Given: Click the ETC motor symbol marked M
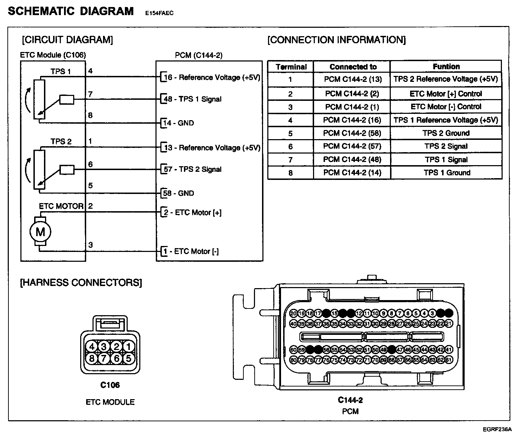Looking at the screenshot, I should [40, 232].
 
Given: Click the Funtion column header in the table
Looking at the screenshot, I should [446, 66].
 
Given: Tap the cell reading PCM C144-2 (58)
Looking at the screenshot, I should [352, 133].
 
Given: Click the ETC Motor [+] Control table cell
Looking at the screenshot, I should [446, 94].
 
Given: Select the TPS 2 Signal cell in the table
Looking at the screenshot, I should [446, 146].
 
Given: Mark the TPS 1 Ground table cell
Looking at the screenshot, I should [447, 173].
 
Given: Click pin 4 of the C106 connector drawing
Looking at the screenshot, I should [92, 347].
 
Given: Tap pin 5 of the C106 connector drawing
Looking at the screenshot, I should [128, 358].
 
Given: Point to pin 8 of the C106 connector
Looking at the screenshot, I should [92, 358].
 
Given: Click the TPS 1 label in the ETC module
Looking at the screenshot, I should [60, 72].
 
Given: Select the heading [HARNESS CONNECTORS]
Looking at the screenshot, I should [81, 283].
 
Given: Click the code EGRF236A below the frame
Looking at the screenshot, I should [497, 429].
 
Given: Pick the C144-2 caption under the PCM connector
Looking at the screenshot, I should [350, 400].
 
